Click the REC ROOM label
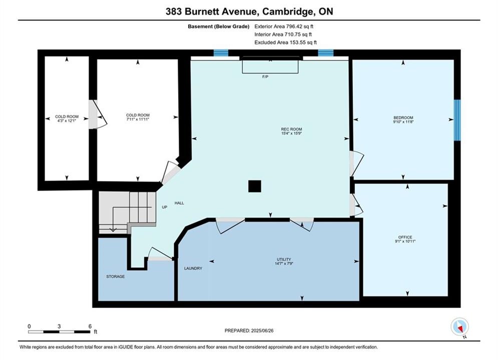point(291,129)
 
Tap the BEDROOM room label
point(403,117)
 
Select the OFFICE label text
point(405,237)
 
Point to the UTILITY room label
point(284,259)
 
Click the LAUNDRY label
point(193,268)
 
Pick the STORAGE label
point(115,276)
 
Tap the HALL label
point(179,203)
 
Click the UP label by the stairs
point(165,207)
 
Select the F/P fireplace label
point(265,77)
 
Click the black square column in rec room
point(255,186)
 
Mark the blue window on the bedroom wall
point(457,120)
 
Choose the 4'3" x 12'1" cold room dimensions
point(67,121)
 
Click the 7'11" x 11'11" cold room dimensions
point(138,119)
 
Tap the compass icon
point(459,326)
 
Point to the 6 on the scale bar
point(90,326)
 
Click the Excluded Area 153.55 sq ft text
point(285,42)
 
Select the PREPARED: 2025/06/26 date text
point(249,330)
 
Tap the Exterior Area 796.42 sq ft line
point(284,26)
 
